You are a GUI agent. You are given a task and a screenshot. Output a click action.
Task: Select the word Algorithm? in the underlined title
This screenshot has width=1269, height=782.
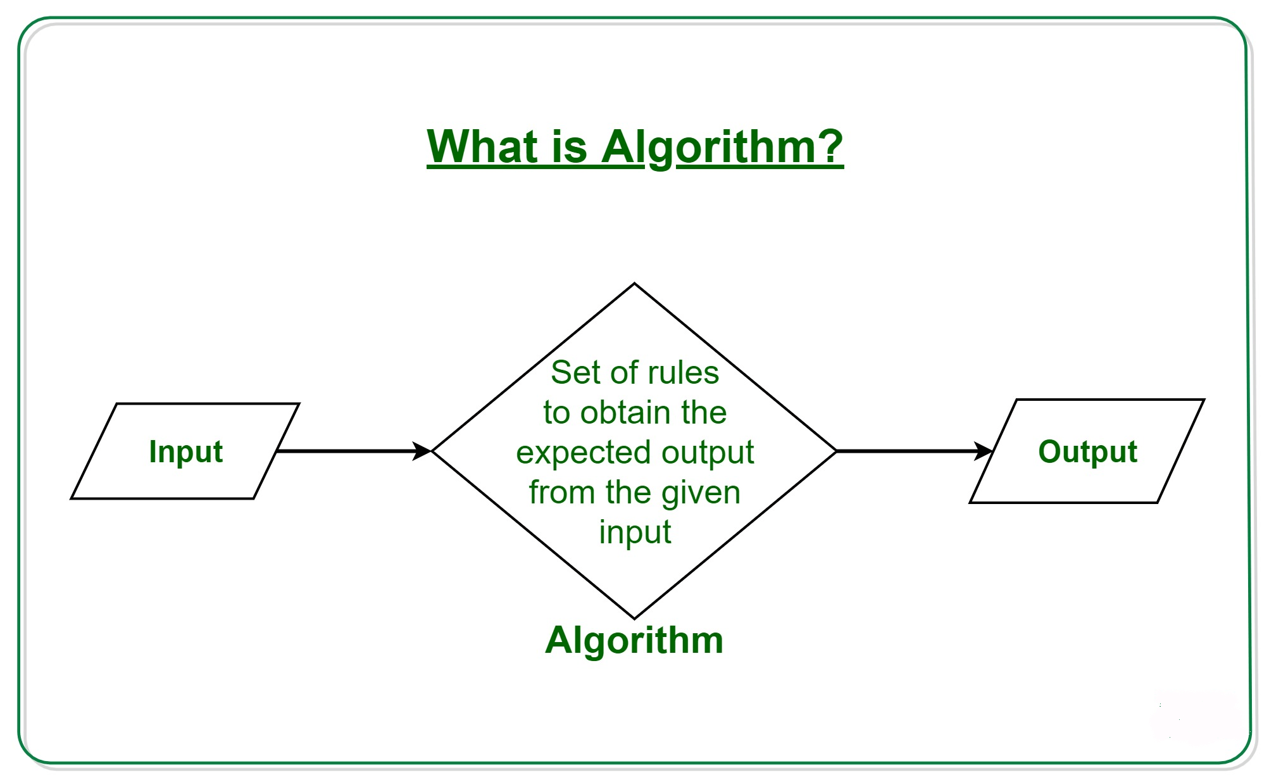pyautogui.click(x=722, y=147)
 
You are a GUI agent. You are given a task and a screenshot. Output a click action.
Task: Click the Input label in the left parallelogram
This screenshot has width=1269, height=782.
pyautogui.click(x=185, y=451)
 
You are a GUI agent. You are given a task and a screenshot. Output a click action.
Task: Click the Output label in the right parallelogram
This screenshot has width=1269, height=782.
pyautogui.click(x=1087, y=451)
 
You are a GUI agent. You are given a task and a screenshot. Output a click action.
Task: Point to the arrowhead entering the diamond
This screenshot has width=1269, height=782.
pyautogui.click(x=422, y=451)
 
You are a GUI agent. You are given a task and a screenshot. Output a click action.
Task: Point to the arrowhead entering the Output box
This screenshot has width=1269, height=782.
pyautogui.click(x=984, y=451)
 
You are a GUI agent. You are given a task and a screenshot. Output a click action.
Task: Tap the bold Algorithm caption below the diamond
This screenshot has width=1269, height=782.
pyautogui.click(x=634, y=640)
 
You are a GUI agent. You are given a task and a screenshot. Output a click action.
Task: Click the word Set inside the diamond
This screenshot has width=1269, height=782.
pyautogui.click(x=575, y=372)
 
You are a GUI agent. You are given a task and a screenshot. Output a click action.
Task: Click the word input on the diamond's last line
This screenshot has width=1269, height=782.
pyautogui.click(x=635, y=532)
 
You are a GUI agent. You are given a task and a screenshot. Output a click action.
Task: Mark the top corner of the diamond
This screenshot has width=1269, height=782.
pyautogui.click(x=634, y=284)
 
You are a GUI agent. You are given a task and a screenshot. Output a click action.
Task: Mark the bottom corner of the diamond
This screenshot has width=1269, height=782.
pyautogui.click(x=634, y=618)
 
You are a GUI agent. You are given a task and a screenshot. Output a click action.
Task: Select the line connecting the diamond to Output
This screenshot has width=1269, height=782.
pyautogui.click(x=905, y=451)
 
